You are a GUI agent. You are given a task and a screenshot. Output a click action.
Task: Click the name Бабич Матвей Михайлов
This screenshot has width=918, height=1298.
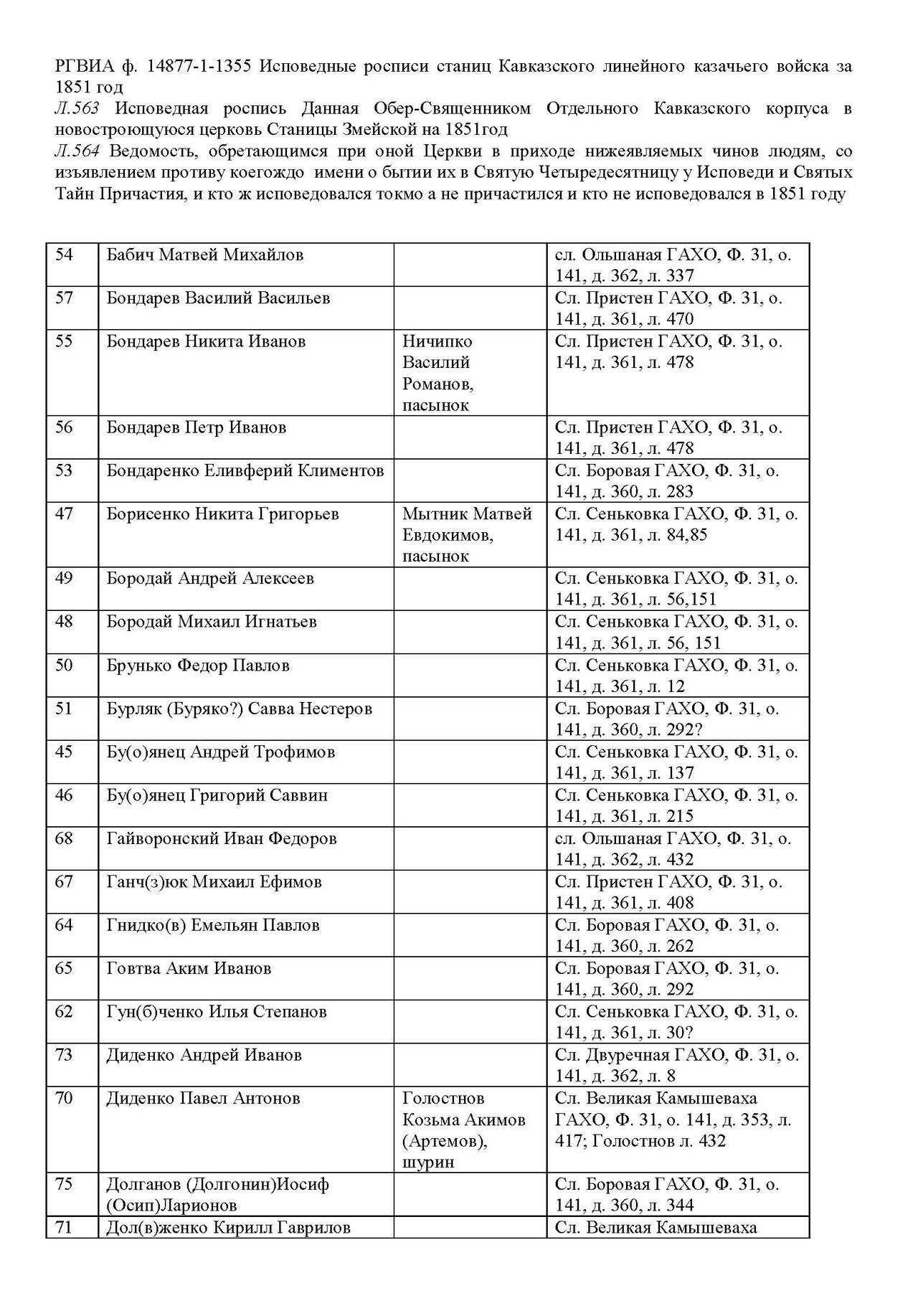coord(204,255)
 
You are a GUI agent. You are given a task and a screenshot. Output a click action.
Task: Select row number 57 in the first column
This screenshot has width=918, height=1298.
coord(65,298)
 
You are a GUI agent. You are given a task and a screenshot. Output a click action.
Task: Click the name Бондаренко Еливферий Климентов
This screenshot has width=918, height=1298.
coord(245,471)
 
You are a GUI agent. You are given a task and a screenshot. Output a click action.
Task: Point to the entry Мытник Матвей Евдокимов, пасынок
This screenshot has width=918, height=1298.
coord(467,535)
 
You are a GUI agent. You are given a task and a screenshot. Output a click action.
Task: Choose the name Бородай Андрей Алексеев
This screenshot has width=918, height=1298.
coord(210,579)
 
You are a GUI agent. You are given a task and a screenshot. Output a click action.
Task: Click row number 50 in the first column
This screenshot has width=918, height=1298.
coord(65,665)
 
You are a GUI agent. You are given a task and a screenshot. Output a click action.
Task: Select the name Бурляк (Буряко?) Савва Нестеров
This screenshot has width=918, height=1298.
coord(240,709)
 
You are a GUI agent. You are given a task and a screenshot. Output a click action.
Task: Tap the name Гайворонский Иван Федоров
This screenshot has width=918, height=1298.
coord(222,839)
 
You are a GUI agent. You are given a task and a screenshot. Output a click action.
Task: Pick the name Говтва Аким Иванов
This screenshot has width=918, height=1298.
coord(189,969)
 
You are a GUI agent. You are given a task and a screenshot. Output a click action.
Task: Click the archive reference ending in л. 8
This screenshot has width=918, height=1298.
coord(676,1066)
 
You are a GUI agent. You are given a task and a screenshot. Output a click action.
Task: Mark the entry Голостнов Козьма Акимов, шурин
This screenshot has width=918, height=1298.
coord(463,1130)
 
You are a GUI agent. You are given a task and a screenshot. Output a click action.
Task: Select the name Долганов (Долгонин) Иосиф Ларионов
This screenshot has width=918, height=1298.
coord(217,1195)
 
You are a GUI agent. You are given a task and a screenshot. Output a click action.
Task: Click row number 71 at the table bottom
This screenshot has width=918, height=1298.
coord(65,1228)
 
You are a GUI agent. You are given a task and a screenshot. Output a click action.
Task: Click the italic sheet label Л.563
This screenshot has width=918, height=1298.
coord(77,109)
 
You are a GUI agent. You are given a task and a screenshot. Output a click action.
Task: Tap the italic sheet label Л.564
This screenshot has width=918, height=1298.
coord(77,151)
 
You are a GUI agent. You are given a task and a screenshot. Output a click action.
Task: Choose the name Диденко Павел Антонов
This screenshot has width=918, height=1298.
coord(203,1099)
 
